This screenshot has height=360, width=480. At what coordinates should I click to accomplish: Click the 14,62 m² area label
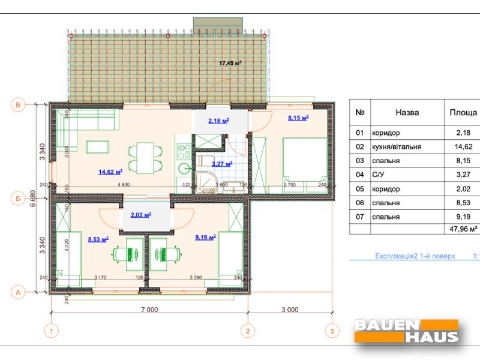tap(110, 172)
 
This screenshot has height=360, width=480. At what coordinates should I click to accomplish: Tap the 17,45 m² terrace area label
tap(230, 62)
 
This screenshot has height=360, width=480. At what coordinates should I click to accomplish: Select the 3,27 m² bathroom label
tap(221, 163)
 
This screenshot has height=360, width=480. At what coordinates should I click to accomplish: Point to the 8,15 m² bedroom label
tap(298, 118)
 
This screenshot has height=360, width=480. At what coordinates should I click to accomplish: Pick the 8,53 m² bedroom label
tap(98, 239)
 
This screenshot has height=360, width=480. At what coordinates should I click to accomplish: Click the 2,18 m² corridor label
tap(218, 121)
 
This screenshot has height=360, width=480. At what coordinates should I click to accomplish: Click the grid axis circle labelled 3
tap(329, 330)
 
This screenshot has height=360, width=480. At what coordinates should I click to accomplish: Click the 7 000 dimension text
tap(149, 310)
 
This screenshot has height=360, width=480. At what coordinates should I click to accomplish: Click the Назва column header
tap(407, 112)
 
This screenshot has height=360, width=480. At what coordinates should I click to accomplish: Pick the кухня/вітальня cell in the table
tap(396, 146)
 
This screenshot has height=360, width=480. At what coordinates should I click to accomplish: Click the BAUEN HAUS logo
tap(407, 331)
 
